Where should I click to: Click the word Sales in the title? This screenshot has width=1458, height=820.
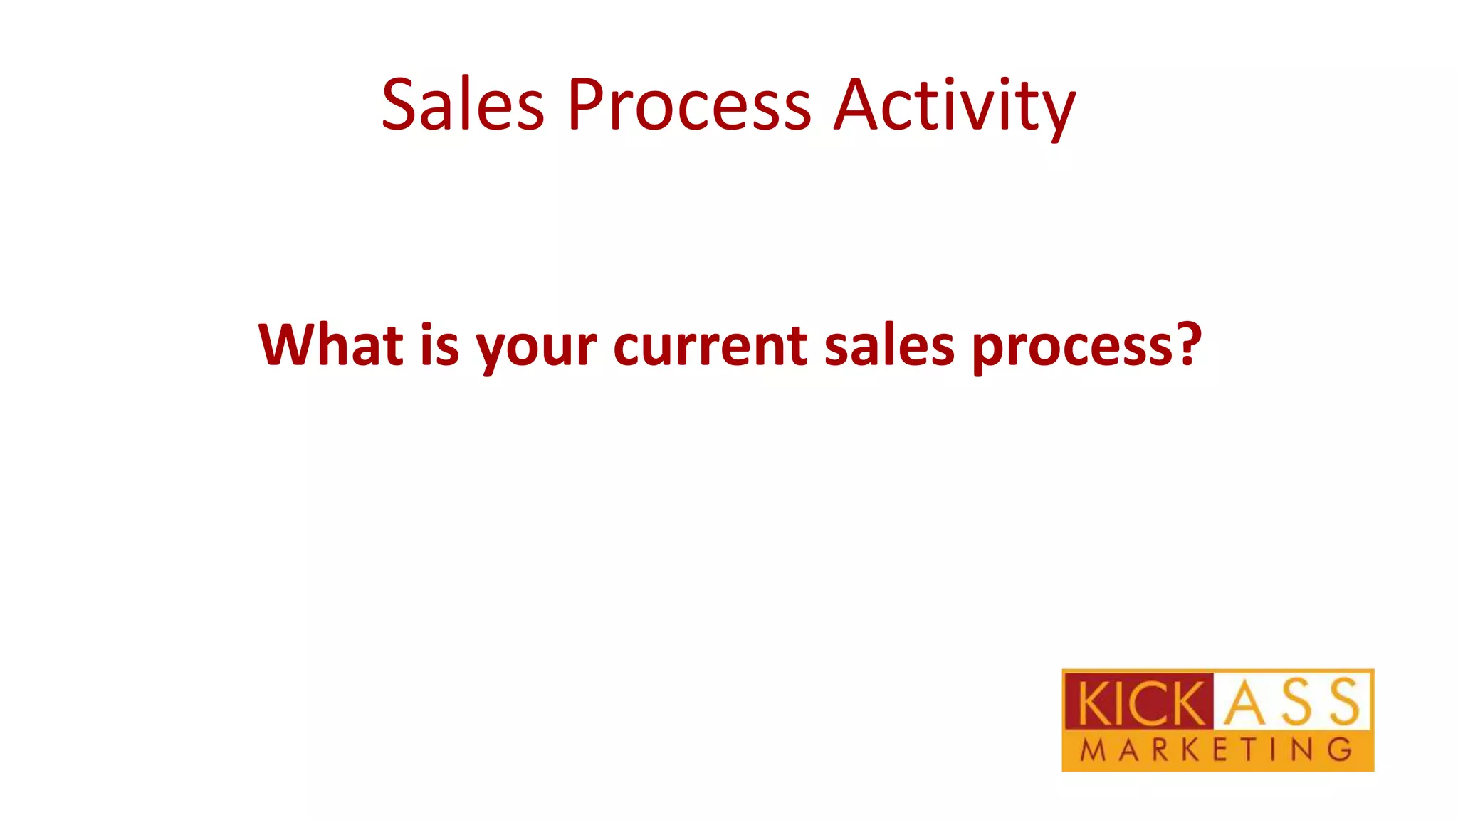click(x=463, y=105)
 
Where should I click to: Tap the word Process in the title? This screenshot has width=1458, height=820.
click(x=688, y=105)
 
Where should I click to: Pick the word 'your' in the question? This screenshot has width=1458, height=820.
click(x=536, y=349)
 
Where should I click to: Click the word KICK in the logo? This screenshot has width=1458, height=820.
click(x=1140, y=703)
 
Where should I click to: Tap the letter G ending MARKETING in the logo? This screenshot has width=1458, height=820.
click(x=1341, y=750)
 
